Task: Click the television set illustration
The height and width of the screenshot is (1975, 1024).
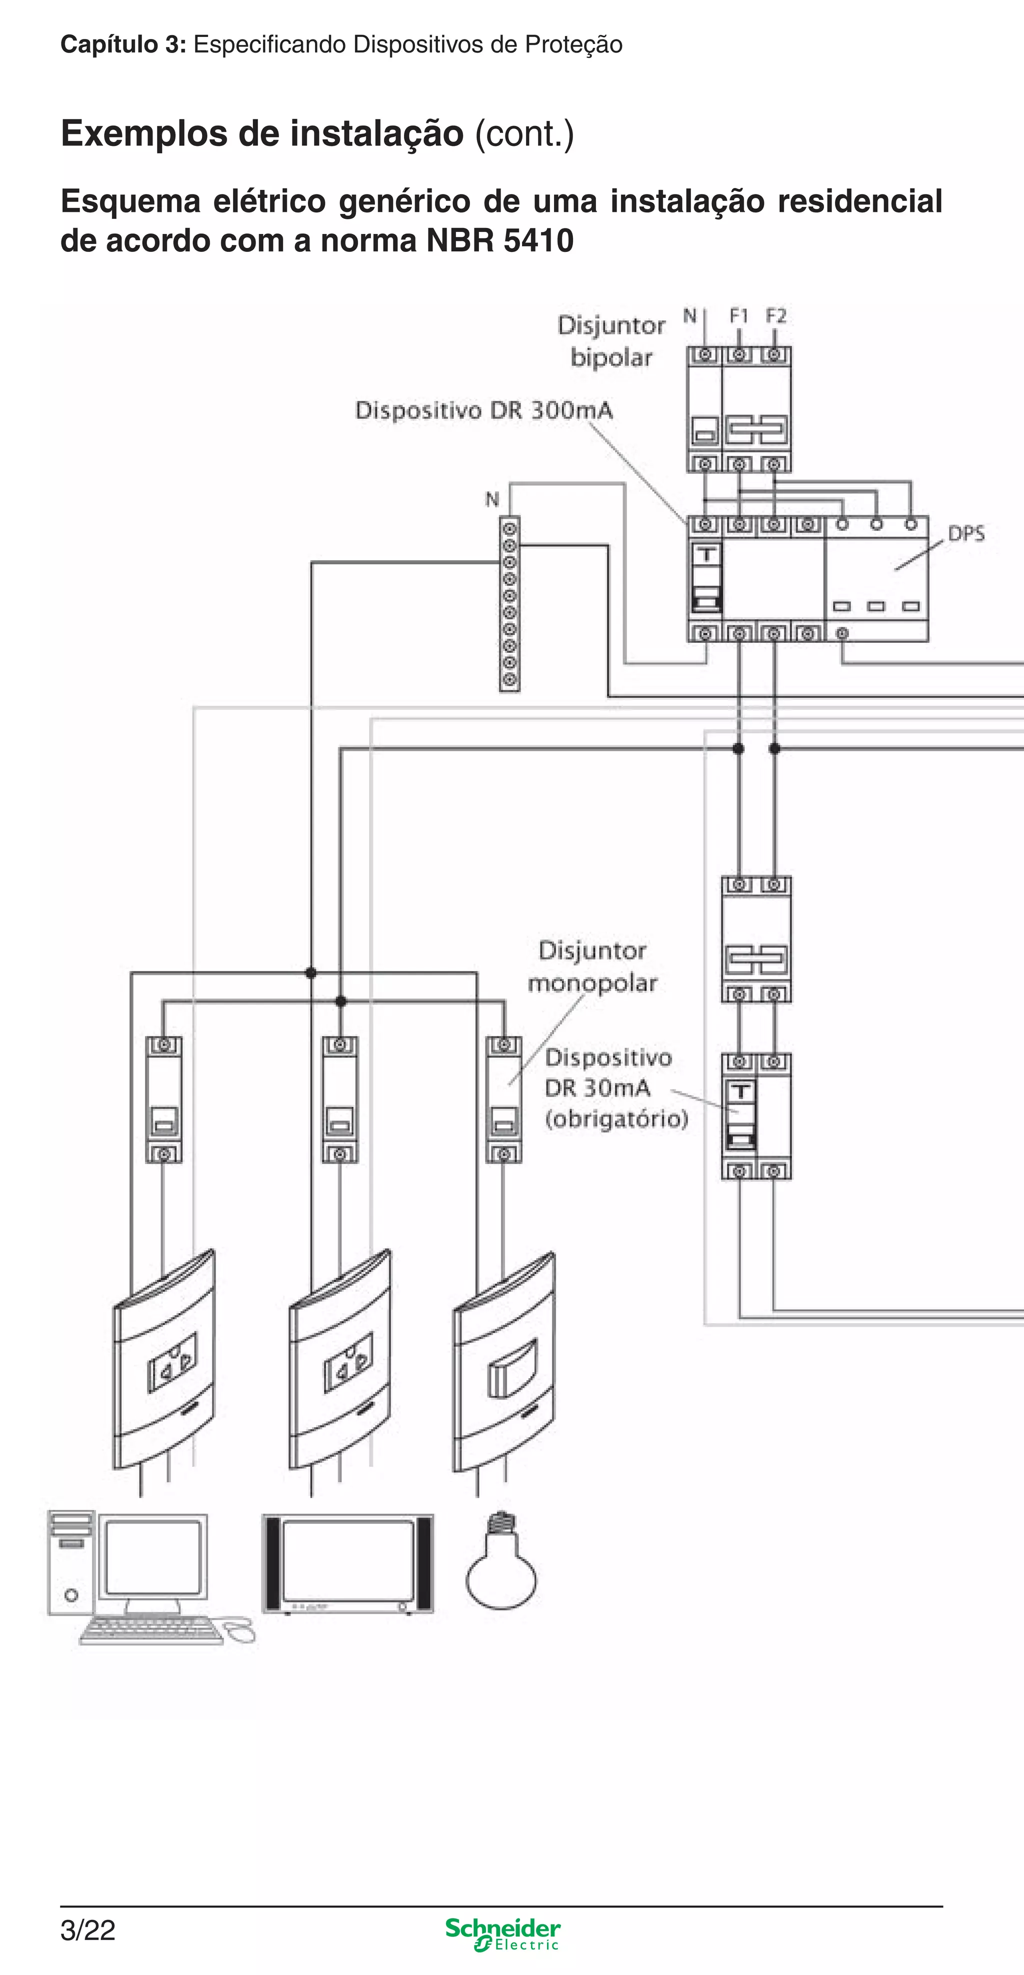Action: coord(348,1564)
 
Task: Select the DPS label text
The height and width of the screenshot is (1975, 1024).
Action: coord(965,534)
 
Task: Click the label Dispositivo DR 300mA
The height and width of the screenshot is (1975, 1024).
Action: coord(484,410)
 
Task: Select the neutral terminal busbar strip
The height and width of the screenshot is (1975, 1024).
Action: coord(509,604)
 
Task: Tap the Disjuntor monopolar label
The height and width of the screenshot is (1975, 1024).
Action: coord(592,967)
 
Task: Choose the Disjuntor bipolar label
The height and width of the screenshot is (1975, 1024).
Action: coord(611,341)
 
